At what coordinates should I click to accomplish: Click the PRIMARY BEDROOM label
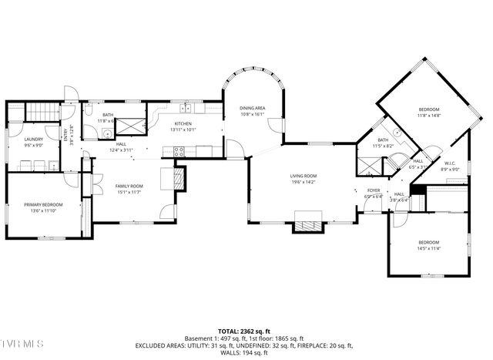click(x=42, y=204)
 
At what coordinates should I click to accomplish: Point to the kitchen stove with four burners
click(x=179, y=152)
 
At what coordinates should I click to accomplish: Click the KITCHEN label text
click(x=183, y=123)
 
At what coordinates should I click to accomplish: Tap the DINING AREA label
click(x=252, y=109)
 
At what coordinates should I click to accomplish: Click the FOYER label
click(x=374, y=190)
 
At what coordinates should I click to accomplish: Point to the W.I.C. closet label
click(x=451, y=163)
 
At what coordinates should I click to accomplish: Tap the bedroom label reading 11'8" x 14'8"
click(x=429, y=116)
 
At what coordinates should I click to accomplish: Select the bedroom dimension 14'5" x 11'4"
click(x=428, y=248)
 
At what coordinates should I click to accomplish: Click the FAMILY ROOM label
click(x=129, y=186)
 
